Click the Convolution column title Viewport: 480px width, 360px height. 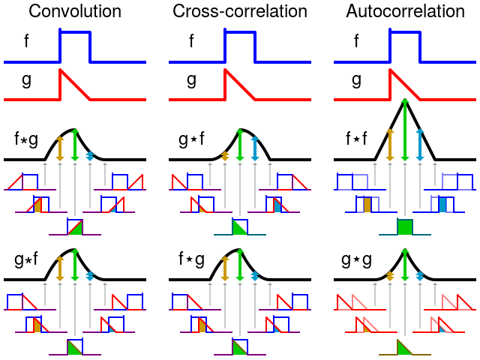point(74,11)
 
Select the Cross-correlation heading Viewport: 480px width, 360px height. point(240,11)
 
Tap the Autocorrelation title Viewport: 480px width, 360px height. point(405,11)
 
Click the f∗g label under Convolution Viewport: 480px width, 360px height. point(26,139)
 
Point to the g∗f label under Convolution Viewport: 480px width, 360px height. point(26,262)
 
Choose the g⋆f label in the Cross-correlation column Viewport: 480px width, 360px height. point(191,139)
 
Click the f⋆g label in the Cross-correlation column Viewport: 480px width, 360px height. point(191,262)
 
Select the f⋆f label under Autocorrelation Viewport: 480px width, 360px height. point(356,139)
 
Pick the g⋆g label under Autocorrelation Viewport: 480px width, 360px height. point(356,262)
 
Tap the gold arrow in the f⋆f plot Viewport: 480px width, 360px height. point(389,144)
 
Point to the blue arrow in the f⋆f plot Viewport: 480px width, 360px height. point(421,144)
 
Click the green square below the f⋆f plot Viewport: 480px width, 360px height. point(405,226)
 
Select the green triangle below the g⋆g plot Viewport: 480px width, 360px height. point(403,346)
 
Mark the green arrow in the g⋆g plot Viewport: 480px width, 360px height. point(405,265)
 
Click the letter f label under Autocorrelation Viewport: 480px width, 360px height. point(357,40)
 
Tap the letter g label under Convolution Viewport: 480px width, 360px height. point(27,80)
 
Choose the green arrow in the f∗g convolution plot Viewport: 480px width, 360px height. point(74,145)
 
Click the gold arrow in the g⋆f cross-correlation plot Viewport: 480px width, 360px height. point(224,155)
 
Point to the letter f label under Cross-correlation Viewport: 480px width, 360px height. point(192,40)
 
